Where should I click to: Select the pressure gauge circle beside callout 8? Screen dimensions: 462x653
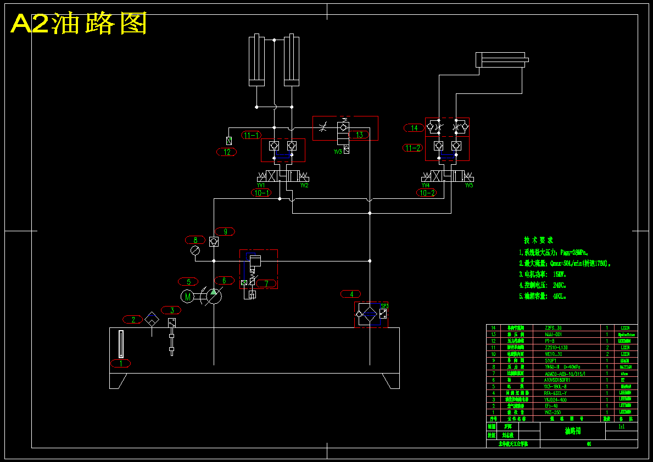(195, 251)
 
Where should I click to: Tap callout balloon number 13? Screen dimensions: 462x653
(359, 135)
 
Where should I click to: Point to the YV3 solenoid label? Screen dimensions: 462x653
(338, 151)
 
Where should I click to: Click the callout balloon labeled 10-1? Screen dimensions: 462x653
(261, 193)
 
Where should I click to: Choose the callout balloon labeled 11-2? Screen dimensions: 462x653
(413, 148)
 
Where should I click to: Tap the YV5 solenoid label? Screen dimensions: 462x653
(468, 186)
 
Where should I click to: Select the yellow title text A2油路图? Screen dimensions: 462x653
(79, 24)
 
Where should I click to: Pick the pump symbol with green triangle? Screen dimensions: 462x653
(214, 297)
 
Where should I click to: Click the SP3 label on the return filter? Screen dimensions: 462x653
(384, 305)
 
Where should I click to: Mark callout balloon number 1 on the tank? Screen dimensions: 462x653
(121, 363)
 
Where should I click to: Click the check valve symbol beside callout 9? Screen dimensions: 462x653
(214, 241)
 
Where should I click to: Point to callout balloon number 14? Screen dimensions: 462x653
(414, 128)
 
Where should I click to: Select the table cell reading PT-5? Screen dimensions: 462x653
(550, 341)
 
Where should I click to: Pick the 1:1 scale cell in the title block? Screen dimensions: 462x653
(621, 426)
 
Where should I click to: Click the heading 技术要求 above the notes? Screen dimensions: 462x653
(538, 240)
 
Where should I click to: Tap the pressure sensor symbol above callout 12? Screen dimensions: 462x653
(229, 141)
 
